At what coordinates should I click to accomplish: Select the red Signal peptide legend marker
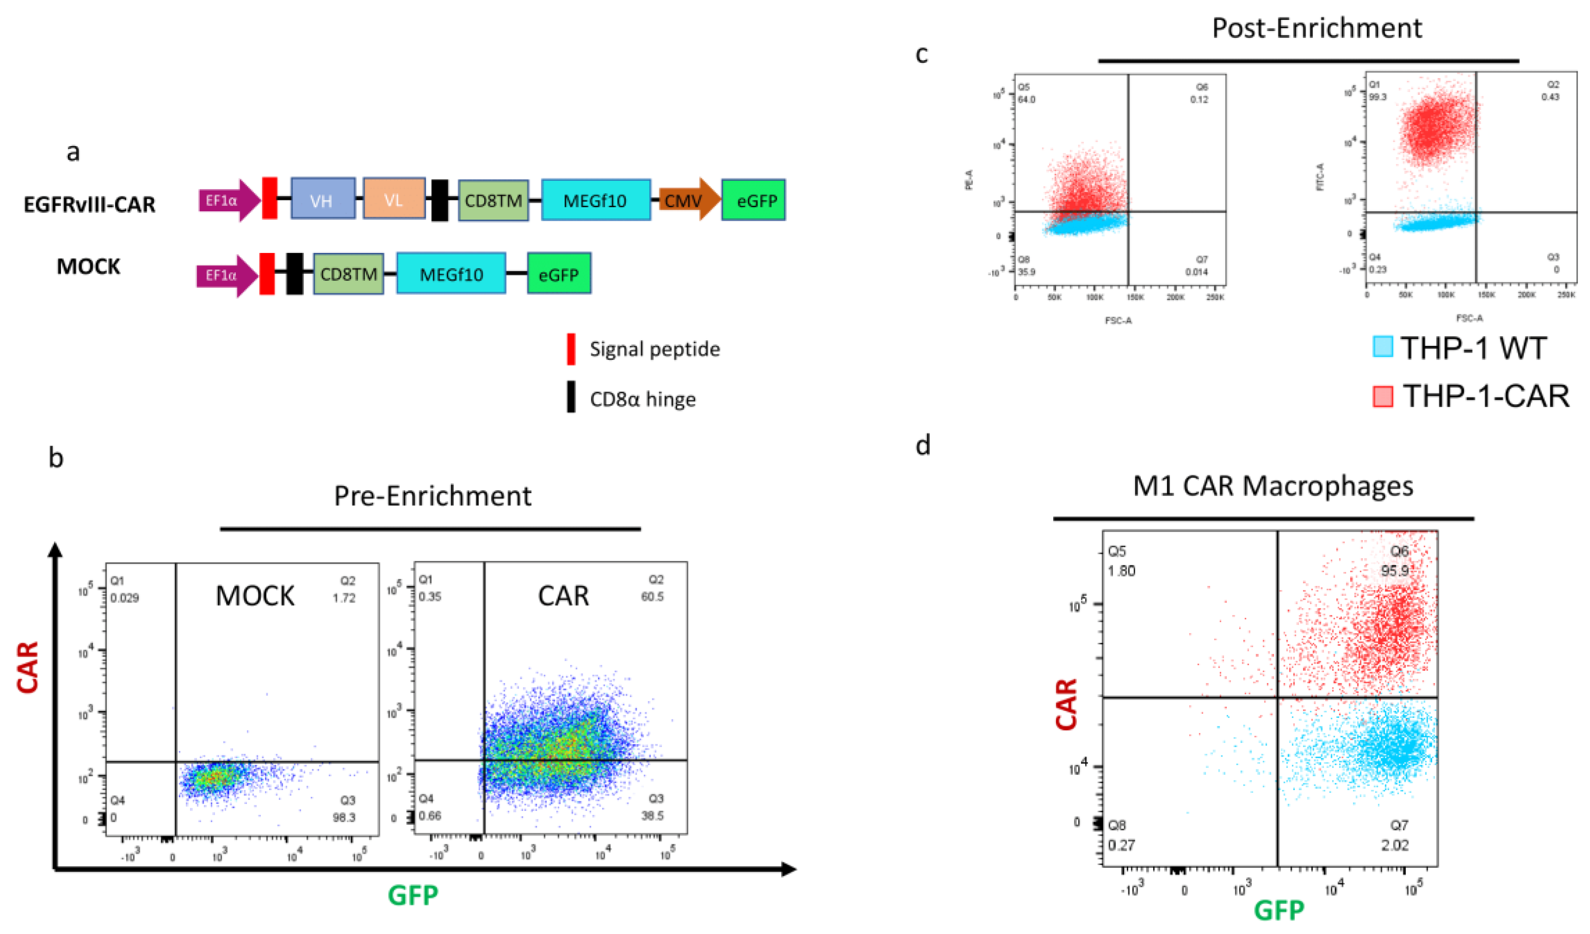[x=571, y=349]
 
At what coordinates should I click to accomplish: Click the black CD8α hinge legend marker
[x=571, y=397]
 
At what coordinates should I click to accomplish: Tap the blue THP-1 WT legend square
[x=1382, y=347]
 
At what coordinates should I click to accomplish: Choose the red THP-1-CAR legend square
[x=1382, y=396]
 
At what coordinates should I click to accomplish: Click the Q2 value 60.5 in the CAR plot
[x=652, y=596]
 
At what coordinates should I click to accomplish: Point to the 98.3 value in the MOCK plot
[x=344, y=818]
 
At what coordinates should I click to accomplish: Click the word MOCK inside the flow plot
[x=255, y=596]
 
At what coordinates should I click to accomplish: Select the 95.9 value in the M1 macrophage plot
[x=1394, y=571]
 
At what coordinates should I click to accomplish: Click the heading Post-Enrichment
[x=1316, y=28]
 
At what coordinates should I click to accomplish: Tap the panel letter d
[x=922, y=446]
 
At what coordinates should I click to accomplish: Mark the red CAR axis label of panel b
[x=28, y=667]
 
